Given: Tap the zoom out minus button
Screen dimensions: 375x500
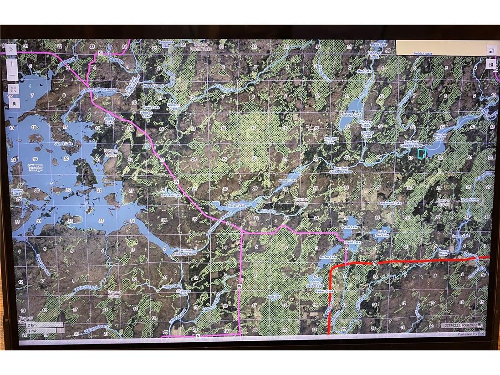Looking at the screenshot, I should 12,75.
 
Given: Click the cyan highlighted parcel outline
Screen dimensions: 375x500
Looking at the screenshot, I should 422,154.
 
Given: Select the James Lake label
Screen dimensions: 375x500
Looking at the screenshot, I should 64,144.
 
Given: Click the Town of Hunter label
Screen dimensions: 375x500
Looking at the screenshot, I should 111,153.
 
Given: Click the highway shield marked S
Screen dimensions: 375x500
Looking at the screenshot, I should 100,53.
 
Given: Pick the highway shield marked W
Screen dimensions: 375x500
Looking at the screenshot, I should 239,286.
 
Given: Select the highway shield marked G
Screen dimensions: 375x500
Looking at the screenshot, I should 198,336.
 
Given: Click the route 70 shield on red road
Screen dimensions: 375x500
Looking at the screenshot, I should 374,263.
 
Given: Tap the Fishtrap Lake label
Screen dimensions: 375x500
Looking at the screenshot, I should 351,114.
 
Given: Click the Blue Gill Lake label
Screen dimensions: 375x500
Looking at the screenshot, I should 330,140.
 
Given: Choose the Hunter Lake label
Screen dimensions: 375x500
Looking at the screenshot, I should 287,181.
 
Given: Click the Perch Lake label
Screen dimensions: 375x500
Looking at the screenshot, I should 350,227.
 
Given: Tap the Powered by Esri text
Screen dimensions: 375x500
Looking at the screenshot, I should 471,334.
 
